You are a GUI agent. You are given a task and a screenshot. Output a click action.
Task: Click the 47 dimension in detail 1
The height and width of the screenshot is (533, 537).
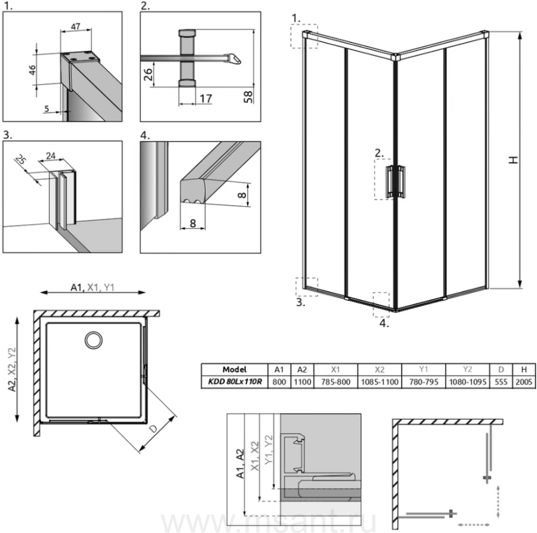coord(76,26)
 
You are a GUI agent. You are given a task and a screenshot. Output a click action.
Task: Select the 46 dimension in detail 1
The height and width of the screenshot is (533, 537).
coord(32,69)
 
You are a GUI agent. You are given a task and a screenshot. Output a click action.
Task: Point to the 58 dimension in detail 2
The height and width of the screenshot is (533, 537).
coord(248,97)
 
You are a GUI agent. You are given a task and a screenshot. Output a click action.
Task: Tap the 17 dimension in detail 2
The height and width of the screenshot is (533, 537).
coord(205,98)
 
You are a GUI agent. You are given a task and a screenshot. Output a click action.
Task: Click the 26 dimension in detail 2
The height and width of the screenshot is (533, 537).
coord(148,75)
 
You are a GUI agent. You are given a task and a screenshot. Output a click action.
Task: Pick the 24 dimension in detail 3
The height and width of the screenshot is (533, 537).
coord(51,156)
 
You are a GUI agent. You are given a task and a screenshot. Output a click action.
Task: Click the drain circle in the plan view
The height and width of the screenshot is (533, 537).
coord(94,340)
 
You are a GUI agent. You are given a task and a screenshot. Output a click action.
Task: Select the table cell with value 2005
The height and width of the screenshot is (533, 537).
coord(524,382)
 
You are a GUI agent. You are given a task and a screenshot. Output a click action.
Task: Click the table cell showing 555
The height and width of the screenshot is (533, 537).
coord(501,382)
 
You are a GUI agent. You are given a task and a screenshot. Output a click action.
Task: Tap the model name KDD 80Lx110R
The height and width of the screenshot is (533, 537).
coord(234,382)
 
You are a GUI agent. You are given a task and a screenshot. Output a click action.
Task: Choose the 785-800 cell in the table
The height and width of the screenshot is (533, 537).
coord(335,382)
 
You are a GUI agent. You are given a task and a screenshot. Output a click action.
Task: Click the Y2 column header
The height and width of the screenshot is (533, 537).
coord(467,370)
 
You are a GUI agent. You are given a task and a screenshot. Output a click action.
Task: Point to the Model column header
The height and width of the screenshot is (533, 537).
coord(234,370)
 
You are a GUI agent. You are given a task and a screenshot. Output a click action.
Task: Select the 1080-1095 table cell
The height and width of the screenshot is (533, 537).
coord(467,382)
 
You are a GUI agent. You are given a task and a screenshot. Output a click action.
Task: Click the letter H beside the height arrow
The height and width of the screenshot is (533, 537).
coord(513,160)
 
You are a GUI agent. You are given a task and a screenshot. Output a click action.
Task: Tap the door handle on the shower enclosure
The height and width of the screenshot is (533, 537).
coord(396,181)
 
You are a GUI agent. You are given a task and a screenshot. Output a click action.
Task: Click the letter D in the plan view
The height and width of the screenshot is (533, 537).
coord(153,429)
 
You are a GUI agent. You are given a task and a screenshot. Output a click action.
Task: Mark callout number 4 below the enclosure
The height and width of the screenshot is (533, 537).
coord(384,323)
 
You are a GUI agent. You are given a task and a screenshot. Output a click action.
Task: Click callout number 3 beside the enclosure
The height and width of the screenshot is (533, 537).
coord(300,302)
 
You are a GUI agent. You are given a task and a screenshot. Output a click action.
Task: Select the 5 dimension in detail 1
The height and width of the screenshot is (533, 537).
coord(47,109)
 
